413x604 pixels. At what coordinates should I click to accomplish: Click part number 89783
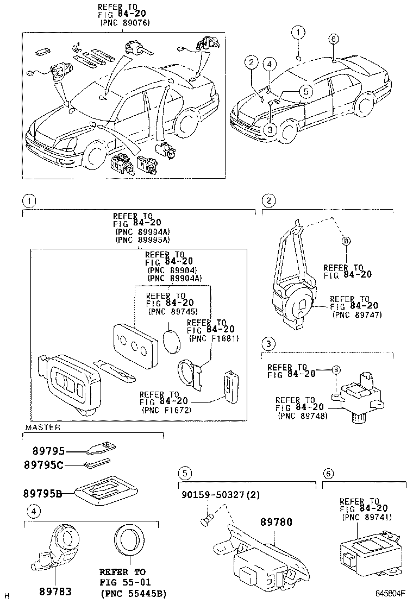pos(55,591)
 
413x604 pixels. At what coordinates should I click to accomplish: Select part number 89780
pos(276,523)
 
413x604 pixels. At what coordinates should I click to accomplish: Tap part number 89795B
pos(41,493)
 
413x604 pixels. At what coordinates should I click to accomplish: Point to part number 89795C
pos(43,465)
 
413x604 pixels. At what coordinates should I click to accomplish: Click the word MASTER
pos(42,427)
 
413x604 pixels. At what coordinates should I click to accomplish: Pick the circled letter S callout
pos(336,370)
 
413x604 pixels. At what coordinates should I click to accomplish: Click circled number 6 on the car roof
pos(334,39)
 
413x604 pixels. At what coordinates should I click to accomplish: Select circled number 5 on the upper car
pos(306,91)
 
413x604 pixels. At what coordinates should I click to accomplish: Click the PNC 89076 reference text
pos(125,23)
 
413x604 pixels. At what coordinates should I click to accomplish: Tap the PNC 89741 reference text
pos(366,518)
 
